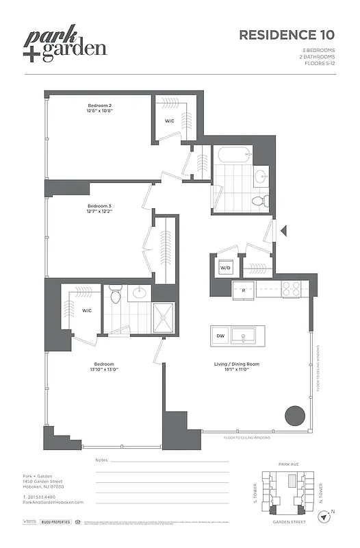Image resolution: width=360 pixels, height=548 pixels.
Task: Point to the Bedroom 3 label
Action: click(99, 208)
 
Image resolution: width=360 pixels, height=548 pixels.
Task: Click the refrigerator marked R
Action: click(244, 290)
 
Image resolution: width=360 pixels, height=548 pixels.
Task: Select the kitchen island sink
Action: click(242, 336)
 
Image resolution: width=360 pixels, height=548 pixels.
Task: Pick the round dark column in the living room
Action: click(295, 415)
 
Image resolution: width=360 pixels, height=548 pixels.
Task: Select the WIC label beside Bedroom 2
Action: click(170, 121)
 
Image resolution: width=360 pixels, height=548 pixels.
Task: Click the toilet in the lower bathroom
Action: click(116, 295)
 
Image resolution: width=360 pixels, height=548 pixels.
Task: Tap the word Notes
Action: click(103, 460)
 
